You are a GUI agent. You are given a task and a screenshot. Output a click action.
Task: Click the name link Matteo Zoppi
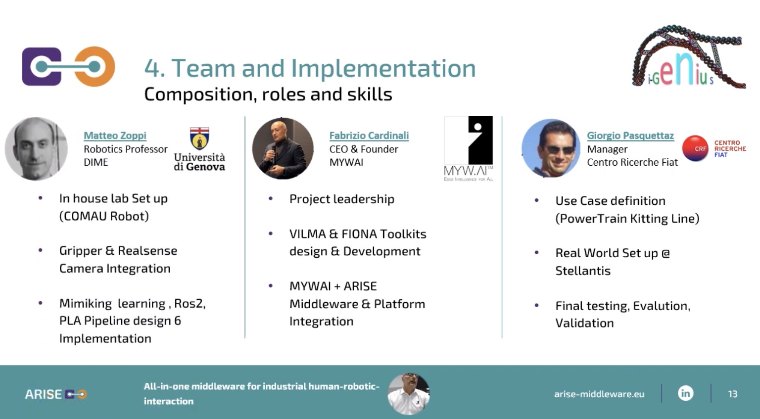pyautogui.click(x=115, y=136)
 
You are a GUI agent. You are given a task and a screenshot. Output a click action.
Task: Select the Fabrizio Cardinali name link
pyautogui.click(x=369, y=136)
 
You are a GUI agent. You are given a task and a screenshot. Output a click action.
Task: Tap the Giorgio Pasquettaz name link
pyautogui.click(x=630, y=136)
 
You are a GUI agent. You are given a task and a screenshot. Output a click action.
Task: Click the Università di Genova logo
pyautogui.click(x=199, y=149)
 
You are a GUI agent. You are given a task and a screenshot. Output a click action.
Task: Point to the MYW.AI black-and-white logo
pyautogui.click(x=468, y=148)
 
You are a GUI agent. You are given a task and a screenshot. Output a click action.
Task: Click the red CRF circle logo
pyautogui.click(x=696, y=148)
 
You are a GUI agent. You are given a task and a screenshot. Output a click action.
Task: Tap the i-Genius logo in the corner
pyautogui.click(x=689, y=56)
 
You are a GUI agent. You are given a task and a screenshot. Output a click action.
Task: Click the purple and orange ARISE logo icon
pyautogui.click(x=69, y=66)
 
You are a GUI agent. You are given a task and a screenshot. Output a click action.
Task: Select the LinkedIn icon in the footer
pyautogui.click(x=686, y=393)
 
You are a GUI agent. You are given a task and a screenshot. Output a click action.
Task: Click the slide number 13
pyautogui.click(x=732, y=394)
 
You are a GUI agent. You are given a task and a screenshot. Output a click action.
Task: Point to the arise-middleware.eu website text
pyautogui.click(x=599, y=394)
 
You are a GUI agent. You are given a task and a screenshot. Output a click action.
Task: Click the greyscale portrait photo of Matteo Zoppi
pyautogui.click(x=36, y=148)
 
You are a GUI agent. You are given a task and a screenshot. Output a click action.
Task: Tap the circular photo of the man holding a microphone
pyautogui.click(x=283, y=148)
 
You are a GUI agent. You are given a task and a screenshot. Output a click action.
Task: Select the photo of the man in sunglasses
pyautogui.click(x=551, y=148)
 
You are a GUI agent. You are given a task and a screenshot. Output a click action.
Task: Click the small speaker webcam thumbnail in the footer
pyautogui.click(x=409, y=394)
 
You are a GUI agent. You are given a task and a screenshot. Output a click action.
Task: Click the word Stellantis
pyautogui.click(x=583, y=271)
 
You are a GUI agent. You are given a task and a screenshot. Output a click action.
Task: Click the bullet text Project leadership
pyautogui.click(x=342, y=199)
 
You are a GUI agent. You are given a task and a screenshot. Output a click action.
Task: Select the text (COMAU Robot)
pyautogui.click(x=104, y=216)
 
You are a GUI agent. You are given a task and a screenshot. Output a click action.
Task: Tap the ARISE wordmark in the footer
pyautogui.click(x=44, y=394)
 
